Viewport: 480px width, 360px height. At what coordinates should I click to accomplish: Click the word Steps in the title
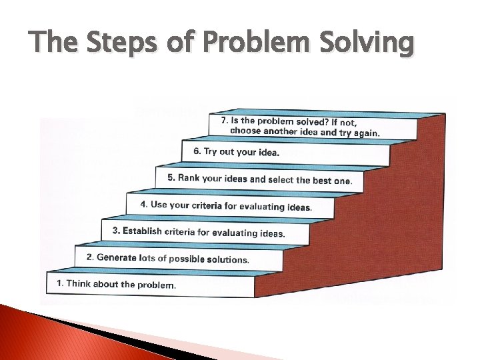(x=107, y=44)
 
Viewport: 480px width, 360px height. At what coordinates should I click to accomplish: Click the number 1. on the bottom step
(x=60, y=283)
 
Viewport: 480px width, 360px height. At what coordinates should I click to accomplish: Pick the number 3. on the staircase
(x=116, y=231)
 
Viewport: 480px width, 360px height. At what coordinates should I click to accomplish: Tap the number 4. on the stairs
(x=144, y=205)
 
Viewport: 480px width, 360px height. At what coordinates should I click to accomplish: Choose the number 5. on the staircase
(x=171, y=178)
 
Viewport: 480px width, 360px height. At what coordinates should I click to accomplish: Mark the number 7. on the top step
(x=225, y=121)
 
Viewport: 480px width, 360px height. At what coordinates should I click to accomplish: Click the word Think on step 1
(x=79, y=283)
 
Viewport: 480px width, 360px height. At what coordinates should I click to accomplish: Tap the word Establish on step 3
(x=141, y=231)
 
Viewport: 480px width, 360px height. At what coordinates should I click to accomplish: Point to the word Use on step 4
(x=159, y=205)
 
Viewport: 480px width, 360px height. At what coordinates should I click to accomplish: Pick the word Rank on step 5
(x=189, y=178)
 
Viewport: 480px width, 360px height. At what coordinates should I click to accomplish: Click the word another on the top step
(x=279, y=131)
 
